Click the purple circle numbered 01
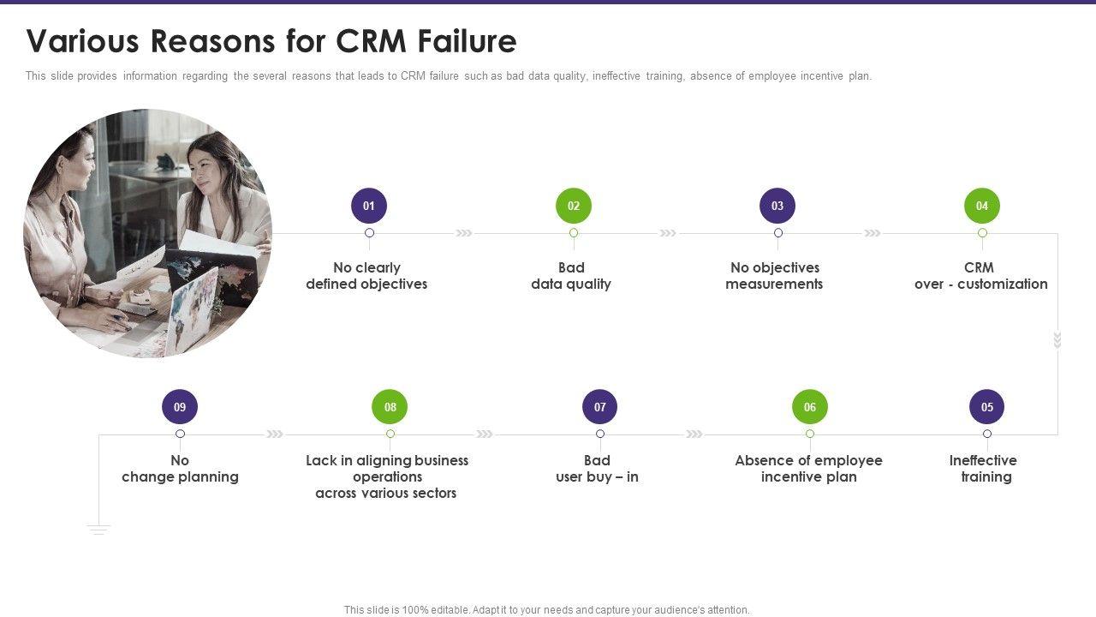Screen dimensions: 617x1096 click(x=369, y=206)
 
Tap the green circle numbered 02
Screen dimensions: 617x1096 click(x=574, y=206)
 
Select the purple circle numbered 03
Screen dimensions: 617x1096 click(x=777, y=206)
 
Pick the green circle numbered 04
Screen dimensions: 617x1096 click(x=982, y=206)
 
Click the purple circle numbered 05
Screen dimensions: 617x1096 click(x=987, y=407)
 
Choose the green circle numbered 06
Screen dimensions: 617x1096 click(x=810, y=407)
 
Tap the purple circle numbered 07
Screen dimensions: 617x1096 click(x=600, y=407)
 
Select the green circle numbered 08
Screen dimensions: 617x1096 click(x=390, y=407)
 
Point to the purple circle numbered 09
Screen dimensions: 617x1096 click(x=180, y=407)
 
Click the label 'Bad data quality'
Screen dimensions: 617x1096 click(x=571, y=276)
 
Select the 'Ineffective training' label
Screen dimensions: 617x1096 click(x=984, y=469)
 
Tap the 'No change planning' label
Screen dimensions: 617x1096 click(x=180, y=469)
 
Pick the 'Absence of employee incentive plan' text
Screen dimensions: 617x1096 click(x=809, y=469)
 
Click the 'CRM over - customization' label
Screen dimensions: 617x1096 click(x=980, y=276)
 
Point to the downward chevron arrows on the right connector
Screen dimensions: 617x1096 click(x=1057, y=340)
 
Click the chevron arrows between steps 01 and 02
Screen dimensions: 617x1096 click(x=464, y=233)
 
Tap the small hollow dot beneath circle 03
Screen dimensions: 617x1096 click(x=778, y=233)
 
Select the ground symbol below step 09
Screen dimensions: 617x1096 click(x=98, y=529)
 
